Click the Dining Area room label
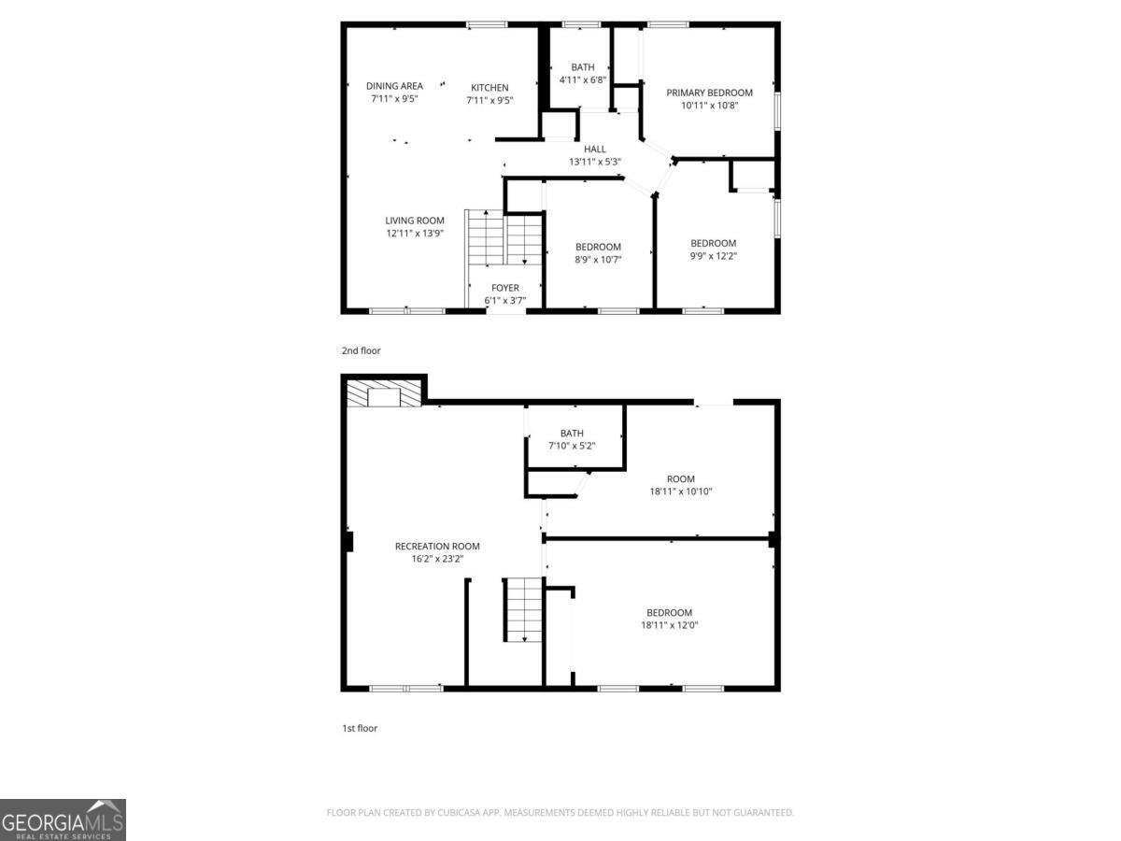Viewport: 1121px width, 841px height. click(394, 86)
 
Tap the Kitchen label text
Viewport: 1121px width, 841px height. click(490, 88)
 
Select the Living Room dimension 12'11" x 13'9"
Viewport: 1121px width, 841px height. click(415, 234)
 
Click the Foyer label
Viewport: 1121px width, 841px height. click(504, 288)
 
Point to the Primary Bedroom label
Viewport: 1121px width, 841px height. click(709, 93)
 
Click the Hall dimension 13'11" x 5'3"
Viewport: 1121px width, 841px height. click(595, 162)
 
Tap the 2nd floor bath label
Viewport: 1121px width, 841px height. click(583, 67)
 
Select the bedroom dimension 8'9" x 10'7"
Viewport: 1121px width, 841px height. click(598, 260)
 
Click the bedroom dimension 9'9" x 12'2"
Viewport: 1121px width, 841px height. click(713, 256)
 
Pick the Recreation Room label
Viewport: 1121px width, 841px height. click(437, 547)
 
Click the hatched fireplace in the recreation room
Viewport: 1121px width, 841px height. click(383, 395)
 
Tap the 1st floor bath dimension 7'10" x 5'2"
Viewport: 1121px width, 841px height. click(572, 446)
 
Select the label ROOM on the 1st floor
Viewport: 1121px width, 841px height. click(681, 479)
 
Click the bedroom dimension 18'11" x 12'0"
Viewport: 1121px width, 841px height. click(669, 625)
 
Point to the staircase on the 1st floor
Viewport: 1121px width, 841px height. click(524, 609)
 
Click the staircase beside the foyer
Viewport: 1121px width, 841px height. click(505, 239)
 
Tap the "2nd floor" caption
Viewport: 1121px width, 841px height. click(361, 351)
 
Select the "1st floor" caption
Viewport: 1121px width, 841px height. click(360, 728)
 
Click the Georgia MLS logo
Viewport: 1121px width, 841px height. click(63, 820)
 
